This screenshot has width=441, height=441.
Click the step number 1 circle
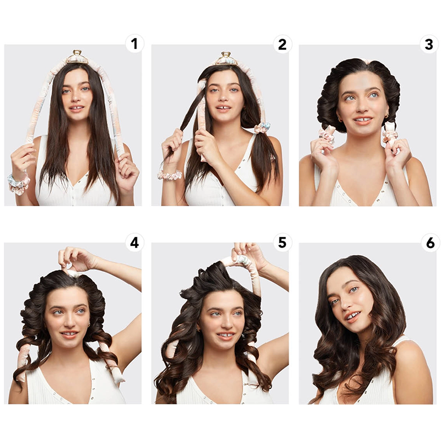click(135, 44)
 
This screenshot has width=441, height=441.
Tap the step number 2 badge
click(282, 44)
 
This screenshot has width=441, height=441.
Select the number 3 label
click(429, 44)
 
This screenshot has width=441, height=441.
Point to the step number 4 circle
click(135, 243)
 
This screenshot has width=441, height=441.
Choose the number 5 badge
click(282, 243)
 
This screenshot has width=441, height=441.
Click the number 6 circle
click(431, 243)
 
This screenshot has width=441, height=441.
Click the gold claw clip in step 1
click(77, 57)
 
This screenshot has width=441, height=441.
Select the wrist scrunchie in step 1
click(18, 184)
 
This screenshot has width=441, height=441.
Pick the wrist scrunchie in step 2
click(170, 175)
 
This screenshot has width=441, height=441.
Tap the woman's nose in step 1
click(76, 97)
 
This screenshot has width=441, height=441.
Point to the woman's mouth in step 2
click(223, 108)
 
